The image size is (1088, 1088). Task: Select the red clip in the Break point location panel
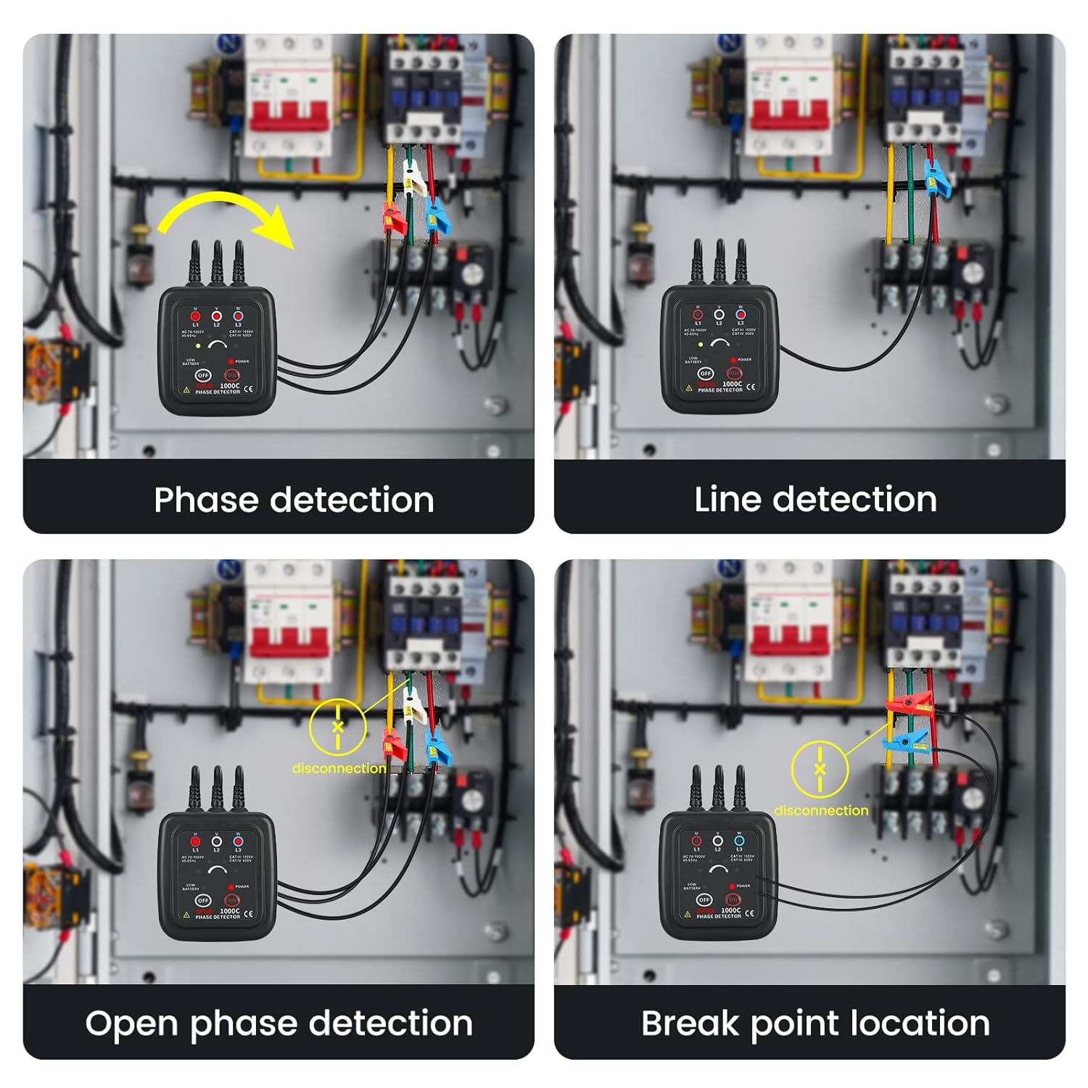coord(907,703)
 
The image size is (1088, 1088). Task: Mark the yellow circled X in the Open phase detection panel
coord(337,726)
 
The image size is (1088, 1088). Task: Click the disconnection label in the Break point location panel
coord(820,810)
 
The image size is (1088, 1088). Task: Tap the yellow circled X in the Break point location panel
coord(820,769)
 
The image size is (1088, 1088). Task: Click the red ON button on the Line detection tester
coord(734,374)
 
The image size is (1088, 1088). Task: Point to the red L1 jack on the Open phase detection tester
coord(195,842)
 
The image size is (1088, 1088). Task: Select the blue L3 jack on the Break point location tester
coord(739,841)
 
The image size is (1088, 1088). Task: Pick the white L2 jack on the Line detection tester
coord(719,315)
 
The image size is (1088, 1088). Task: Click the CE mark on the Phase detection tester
coord(249,389)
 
